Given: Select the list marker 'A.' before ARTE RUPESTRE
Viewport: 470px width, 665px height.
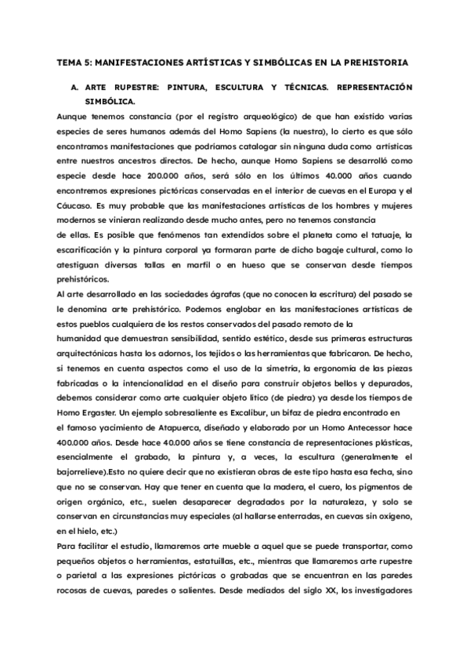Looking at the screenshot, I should click(75, 87).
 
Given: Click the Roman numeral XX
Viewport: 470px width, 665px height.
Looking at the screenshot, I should click(323, 587).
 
